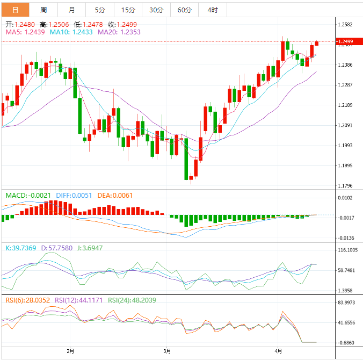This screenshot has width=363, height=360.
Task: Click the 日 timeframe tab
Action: pos(15,10)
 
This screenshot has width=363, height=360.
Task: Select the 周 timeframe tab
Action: pos(43,10)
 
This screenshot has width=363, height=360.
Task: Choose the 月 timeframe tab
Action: pos(72,10)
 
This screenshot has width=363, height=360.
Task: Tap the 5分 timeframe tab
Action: pos(100,10)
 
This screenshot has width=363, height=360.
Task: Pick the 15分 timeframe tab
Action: pos(128,10)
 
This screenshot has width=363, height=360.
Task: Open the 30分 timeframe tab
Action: pos(156,10)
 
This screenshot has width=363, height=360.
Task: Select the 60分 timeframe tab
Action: pos(184,10)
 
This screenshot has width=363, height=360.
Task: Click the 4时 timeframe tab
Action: pos(212,10)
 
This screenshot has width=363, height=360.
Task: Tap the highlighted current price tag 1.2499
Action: pos(345,42)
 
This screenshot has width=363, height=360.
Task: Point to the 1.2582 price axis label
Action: pos(345,25)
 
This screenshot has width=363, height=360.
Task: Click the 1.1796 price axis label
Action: pos(345,186)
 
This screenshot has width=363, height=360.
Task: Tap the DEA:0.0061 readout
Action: pos(115,196)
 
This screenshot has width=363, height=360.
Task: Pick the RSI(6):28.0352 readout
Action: pos(28,300)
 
